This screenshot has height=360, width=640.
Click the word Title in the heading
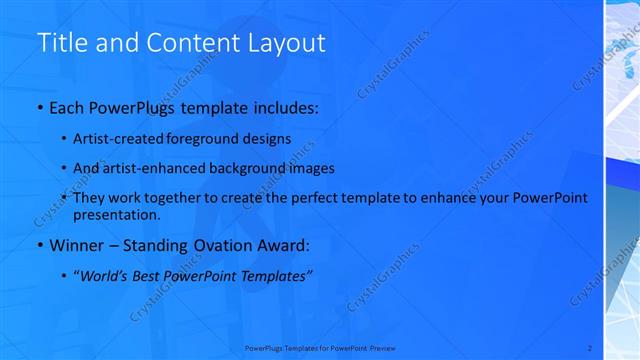[x=59, y=43]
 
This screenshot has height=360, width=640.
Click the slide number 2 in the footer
[x=589, y=348]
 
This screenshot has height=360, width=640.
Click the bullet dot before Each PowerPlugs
[x=39, y=106]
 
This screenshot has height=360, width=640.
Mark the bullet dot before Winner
[x=39, y=246]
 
